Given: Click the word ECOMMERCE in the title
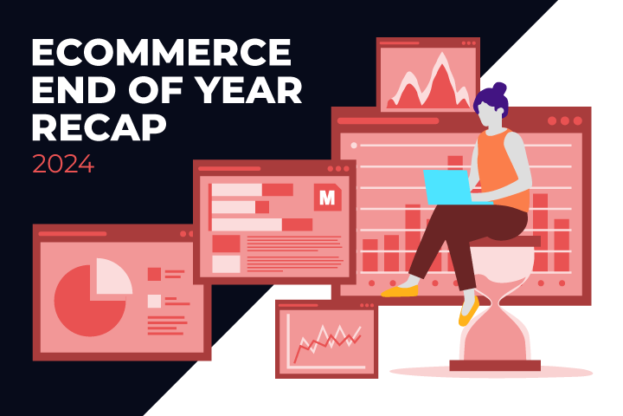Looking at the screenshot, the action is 161,52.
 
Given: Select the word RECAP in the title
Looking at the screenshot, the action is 99,127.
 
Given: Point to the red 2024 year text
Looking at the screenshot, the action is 63,164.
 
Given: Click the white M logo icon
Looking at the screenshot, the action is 327,198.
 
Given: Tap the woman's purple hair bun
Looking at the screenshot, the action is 499,88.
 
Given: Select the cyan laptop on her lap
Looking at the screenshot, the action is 453,187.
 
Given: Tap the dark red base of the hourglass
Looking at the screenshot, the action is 495,366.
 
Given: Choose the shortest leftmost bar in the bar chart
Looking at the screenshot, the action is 370,255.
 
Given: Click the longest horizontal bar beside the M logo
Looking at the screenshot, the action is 262,224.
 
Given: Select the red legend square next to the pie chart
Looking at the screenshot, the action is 154,274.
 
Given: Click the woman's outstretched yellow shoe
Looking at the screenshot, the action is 400,291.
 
